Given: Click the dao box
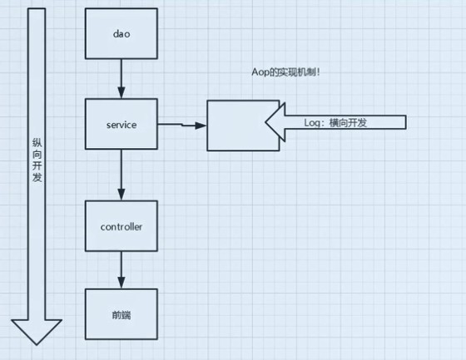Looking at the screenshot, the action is tap(121, 33).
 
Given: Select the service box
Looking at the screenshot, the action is tap(121, 124).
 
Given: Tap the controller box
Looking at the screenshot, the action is tap(121, 226).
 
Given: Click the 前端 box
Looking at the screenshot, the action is tap(121, 314).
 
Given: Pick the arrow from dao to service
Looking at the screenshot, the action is tap(121, 79).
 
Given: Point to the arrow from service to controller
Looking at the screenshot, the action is tap(121, 175).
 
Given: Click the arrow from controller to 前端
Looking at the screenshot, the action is tap(121, 270).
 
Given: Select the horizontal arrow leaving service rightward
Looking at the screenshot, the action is tap(182, 125).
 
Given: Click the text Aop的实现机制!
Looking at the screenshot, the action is tap(285, 72).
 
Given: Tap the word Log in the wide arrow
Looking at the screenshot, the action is tap(312, 122).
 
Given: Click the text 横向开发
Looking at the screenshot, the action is tap(348, 122).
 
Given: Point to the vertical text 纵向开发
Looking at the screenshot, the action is tap(37, 160).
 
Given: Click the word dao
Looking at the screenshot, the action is tap(121, 34).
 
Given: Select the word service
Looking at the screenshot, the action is tap(121, 125).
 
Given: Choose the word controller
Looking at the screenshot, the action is tap(121, 227).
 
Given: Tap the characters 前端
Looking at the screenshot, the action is tap(121, 315).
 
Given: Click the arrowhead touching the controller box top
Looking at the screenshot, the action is tap(121, 195).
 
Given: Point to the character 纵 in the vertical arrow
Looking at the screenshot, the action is tap(37, 142).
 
